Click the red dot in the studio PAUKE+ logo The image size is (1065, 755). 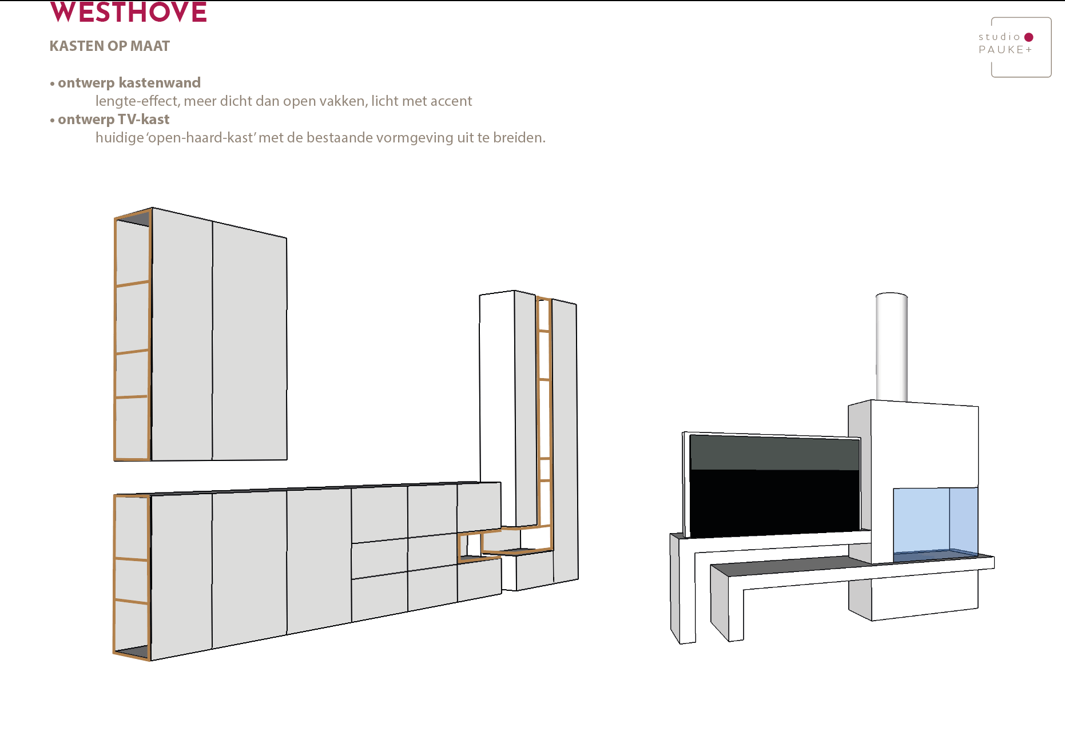(1029, 37)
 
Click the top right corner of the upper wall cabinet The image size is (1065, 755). (287, 237)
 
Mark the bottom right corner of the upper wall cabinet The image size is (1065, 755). (287, 459)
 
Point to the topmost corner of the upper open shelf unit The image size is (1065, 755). (152, 208)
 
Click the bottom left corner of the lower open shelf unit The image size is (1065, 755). (114, 652)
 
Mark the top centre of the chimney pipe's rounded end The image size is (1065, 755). (892, 293)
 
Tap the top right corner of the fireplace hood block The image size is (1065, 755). (978, 407)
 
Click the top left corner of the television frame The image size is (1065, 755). (683, 432)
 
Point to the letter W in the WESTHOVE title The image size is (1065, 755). (63, 12)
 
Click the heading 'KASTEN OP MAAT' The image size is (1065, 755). (110, 46)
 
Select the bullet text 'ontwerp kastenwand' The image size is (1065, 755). (129, 83)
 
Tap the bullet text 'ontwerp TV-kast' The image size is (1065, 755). (114, 120)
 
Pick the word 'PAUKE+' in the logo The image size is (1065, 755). (1006, 50)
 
